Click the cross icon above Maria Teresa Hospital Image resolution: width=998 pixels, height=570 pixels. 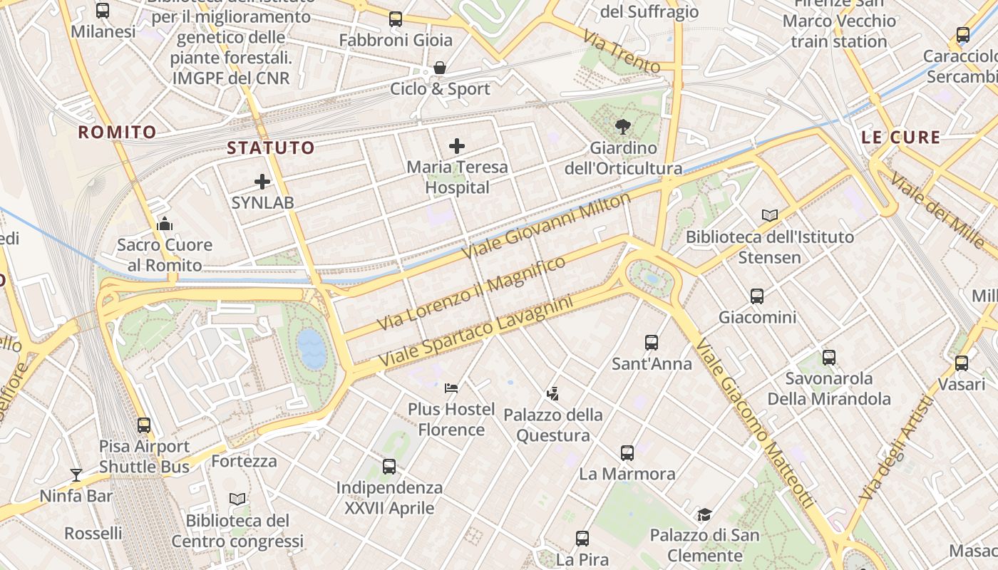[x=457, y=147]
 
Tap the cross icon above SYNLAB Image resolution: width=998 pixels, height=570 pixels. [x=262, y=182]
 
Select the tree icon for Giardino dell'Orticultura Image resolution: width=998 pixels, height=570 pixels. [x=623, y=128]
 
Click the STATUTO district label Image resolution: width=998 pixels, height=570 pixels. [x=271, y=148]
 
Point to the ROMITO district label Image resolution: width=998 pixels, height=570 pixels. [x=117, y=132]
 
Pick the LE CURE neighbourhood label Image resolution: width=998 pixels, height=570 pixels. [x=901, y=138]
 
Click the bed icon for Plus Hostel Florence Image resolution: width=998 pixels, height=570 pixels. [x=451, y=388]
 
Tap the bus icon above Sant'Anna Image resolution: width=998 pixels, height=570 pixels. [x=652, y=343]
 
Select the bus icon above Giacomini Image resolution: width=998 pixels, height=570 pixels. [x=757, y=296]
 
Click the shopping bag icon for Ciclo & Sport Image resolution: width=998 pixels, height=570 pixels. [x=440, y=68]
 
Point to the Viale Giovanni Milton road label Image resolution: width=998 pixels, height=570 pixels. [x=547, y=226]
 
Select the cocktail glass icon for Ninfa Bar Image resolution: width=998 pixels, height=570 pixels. [x=76, y=475]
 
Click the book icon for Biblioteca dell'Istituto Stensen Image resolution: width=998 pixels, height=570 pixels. [x=770, y=215]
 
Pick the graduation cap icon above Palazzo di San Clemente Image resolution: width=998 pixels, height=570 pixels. [x=704, y=514]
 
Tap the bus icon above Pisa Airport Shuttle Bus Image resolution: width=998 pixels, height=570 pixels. [x=144, y=425]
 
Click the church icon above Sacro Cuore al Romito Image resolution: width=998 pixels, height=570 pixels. [x=165, y=224]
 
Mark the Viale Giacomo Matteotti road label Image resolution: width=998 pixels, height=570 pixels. [x=755, y=425]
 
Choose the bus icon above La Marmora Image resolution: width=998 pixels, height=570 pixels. [x=627, y=452]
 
